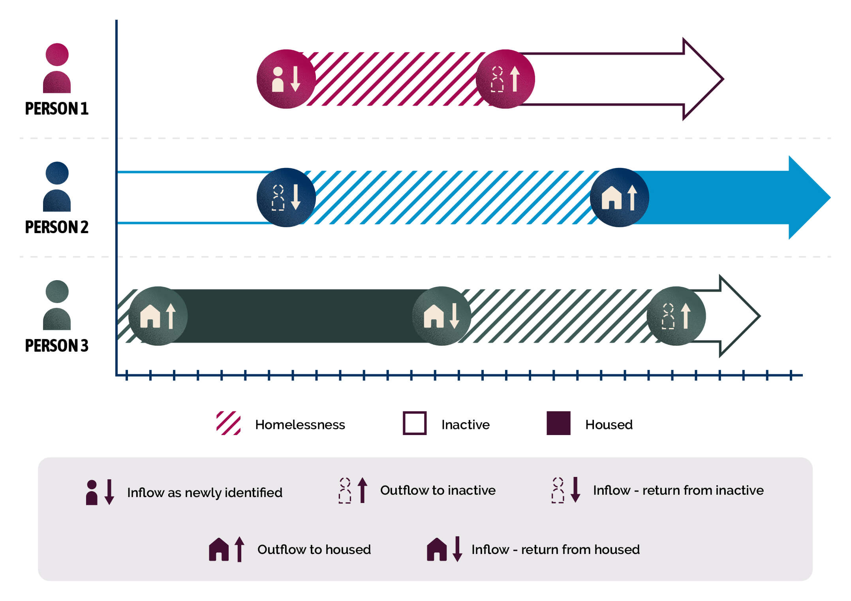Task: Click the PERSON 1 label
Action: [x=56, y=109]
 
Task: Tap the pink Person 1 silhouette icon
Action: [x=57, y=68]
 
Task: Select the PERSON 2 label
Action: [x=56, y=227]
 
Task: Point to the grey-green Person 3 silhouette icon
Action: [x=57, y=305]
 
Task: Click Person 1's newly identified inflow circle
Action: [x=286, y=79]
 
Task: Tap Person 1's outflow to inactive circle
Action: [x=505, y=79]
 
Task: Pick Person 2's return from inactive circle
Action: [x=286, y=198]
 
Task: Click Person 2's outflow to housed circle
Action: [x=619, y=198]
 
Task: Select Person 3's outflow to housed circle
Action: [x=158, y=316]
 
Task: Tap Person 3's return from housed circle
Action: [x=441, y=316]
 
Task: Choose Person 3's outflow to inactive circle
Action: [x=676, y=316]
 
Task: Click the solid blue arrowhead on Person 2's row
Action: [x=808, y=198]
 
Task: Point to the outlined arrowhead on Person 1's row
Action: [x=701, y=79]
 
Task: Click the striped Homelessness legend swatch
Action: [x=228, y=423]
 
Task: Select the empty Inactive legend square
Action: [x=414, y=423]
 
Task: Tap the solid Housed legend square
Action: [x=558, y=423]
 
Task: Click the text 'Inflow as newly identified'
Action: [x=205, y=493]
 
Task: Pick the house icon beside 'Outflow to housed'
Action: [x=219, y=549]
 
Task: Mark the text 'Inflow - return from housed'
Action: [x=555, y=550]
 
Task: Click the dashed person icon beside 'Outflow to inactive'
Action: [x=345, y=490]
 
